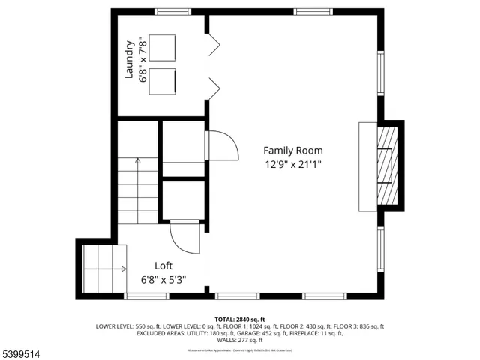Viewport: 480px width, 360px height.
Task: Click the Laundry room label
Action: pos(129,60)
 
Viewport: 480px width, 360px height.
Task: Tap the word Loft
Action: pos(163,265)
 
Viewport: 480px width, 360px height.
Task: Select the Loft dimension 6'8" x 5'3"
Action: pos(163,280)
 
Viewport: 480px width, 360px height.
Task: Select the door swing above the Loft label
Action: pos(185,238)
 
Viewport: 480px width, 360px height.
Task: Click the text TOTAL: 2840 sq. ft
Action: pos(240,319)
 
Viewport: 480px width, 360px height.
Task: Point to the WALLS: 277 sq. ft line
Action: pos(240,340)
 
